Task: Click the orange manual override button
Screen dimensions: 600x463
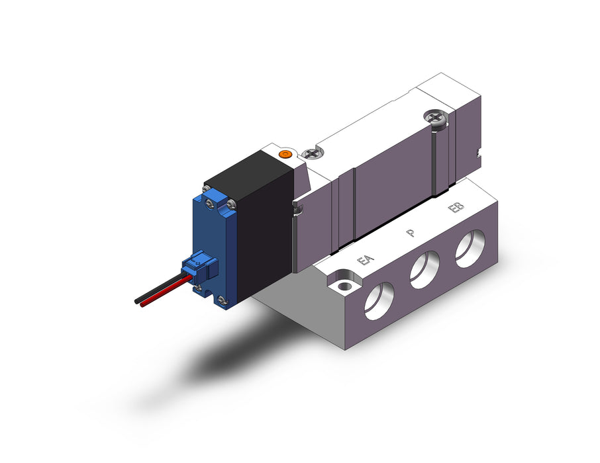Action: tap(284, 154)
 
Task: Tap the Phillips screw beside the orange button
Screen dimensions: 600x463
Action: tap(312, 153)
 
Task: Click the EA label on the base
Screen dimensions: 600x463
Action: tap(365, 261)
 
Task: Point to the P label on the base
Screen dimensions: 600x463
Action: tap(411, 232)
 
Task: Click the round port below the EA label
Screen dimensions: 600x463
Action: tap(379, 301)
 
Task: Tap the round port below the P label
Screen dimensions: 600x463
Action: tap(425, 270)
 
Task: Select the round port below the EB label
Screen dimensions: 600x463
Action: tap(470, 249)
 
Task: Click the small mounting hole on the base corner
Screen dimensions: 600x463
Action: tap(345, 286)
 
